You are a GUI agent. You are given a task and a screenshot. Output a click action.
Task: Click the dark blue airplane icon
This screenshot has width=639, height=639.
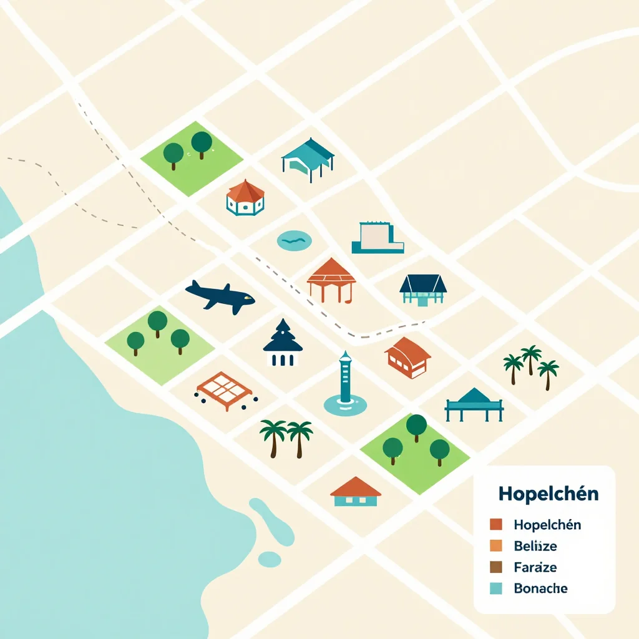click(220, 296)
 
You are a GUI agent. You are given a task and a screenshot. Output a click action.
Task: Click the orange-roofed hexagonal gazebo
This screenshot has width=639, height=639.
click(245, 197)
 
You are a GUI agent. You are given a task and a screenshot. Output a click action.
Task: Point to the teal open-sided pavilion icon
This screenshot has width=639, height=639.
click(308, 155)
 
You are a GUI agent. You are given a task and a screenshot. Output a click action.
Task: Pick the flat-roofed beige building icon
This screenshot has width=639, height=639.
click(377, 238)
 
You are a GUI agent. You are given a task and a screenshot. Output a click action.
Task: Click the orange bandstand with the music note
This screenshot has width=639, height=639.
click(331, 280)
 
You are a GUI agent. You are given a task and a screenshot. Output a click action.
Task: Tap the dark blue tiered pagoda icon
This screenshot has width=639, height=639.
click(283, 343)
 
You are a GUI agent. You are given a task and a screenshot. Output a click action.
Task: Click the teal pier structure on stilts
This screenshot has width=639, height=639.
click(474, 405)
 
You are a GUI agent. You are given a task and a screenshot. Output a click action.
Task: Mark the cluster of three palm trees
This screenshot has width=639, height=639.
click(531, 365)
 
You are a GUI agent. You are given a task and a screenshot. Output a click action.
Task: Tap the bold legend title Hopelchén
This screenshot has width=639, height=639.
click(549, 494)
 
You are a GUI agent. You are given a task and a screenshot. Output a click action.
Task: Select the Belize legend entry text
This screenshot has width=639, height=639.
click(535, 546)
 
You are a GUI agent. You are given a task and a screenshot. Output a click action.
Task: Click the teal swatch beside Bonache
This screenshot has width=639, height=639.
click(497, 588)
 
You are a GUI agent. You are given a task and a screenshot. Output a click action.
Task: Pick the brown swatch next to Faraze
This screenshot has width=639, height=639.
click(497, 567)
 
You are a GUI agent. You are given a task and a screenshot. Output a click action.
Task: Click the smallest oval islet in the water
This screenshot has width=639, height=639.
click(270, 559)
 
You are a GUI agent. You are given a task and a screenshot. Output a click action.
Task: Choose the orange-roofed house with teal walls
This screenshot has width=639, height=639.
click(355, 492)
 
